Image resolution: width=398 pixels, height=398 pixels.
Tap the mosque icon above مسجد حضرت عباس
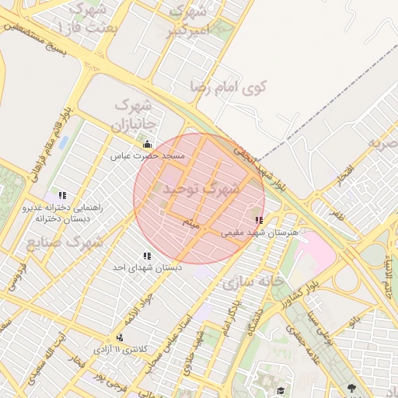(148, 144)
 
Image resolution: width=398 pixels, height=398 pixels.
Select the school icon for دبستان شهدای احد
(147, 256)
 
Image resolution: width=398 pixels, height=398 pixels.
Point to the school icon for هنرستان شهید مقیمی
(259, 220)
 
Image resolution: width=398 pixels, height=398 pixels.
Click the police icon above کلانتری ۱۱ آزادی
(120, 337)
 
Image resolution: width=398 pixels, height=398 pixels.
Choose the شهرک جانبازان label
(136, 113)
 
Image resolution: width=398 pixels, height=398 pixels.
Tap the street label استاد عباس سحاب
(166, 346)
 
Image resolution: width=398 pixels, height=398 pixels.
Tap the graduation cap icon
(281, 389)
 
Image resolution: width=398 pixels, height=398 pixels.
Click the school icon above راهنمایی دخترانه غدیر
(62, 194)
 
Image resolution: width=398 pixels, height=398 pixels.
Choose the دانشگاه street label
(253, 319)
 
